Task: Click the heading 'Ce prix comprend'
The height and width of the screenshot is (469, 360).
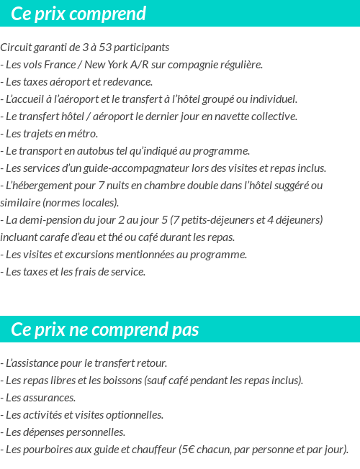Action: point(78,14)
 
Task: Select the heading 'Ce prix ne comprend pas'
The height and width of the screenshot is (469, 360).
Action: point(105,329)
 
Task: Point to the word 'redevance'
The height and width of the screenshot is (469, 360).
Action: point(127,82)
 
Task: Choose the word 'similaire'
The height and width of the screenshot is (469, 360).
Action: point(20,203)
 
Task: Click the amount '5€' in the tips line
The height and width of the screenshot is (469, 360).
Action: point(187,450)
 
